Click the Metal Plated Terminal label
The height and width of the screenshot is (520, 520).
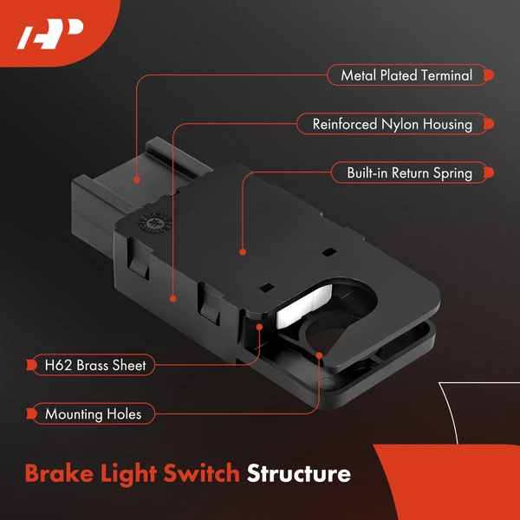tap(406, 75)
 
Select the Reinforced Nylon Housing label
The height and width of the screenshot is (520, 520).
tap(392, 124)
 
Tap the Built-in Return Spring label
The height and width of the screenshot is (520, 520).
tap(409, 172)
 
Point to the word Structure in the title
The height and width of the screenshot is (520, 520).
tap(299, 474)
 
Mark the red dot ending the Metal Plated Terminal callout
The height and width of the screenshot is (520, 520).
tap(136, 180)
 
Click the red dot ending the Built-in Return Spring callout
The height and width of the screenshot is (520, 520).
tap(242, 251)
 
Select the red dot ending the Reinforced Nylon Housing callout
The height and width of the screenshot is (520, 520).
tap(173, 298)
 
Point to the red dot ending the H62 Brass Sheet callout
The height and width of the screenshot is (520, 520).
tap(259, 327)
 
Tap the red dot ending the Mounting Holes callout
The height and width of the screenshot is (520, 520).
tap(320, 354)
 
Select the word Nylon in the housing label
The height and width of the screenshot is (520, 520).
tap(402, 124)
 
